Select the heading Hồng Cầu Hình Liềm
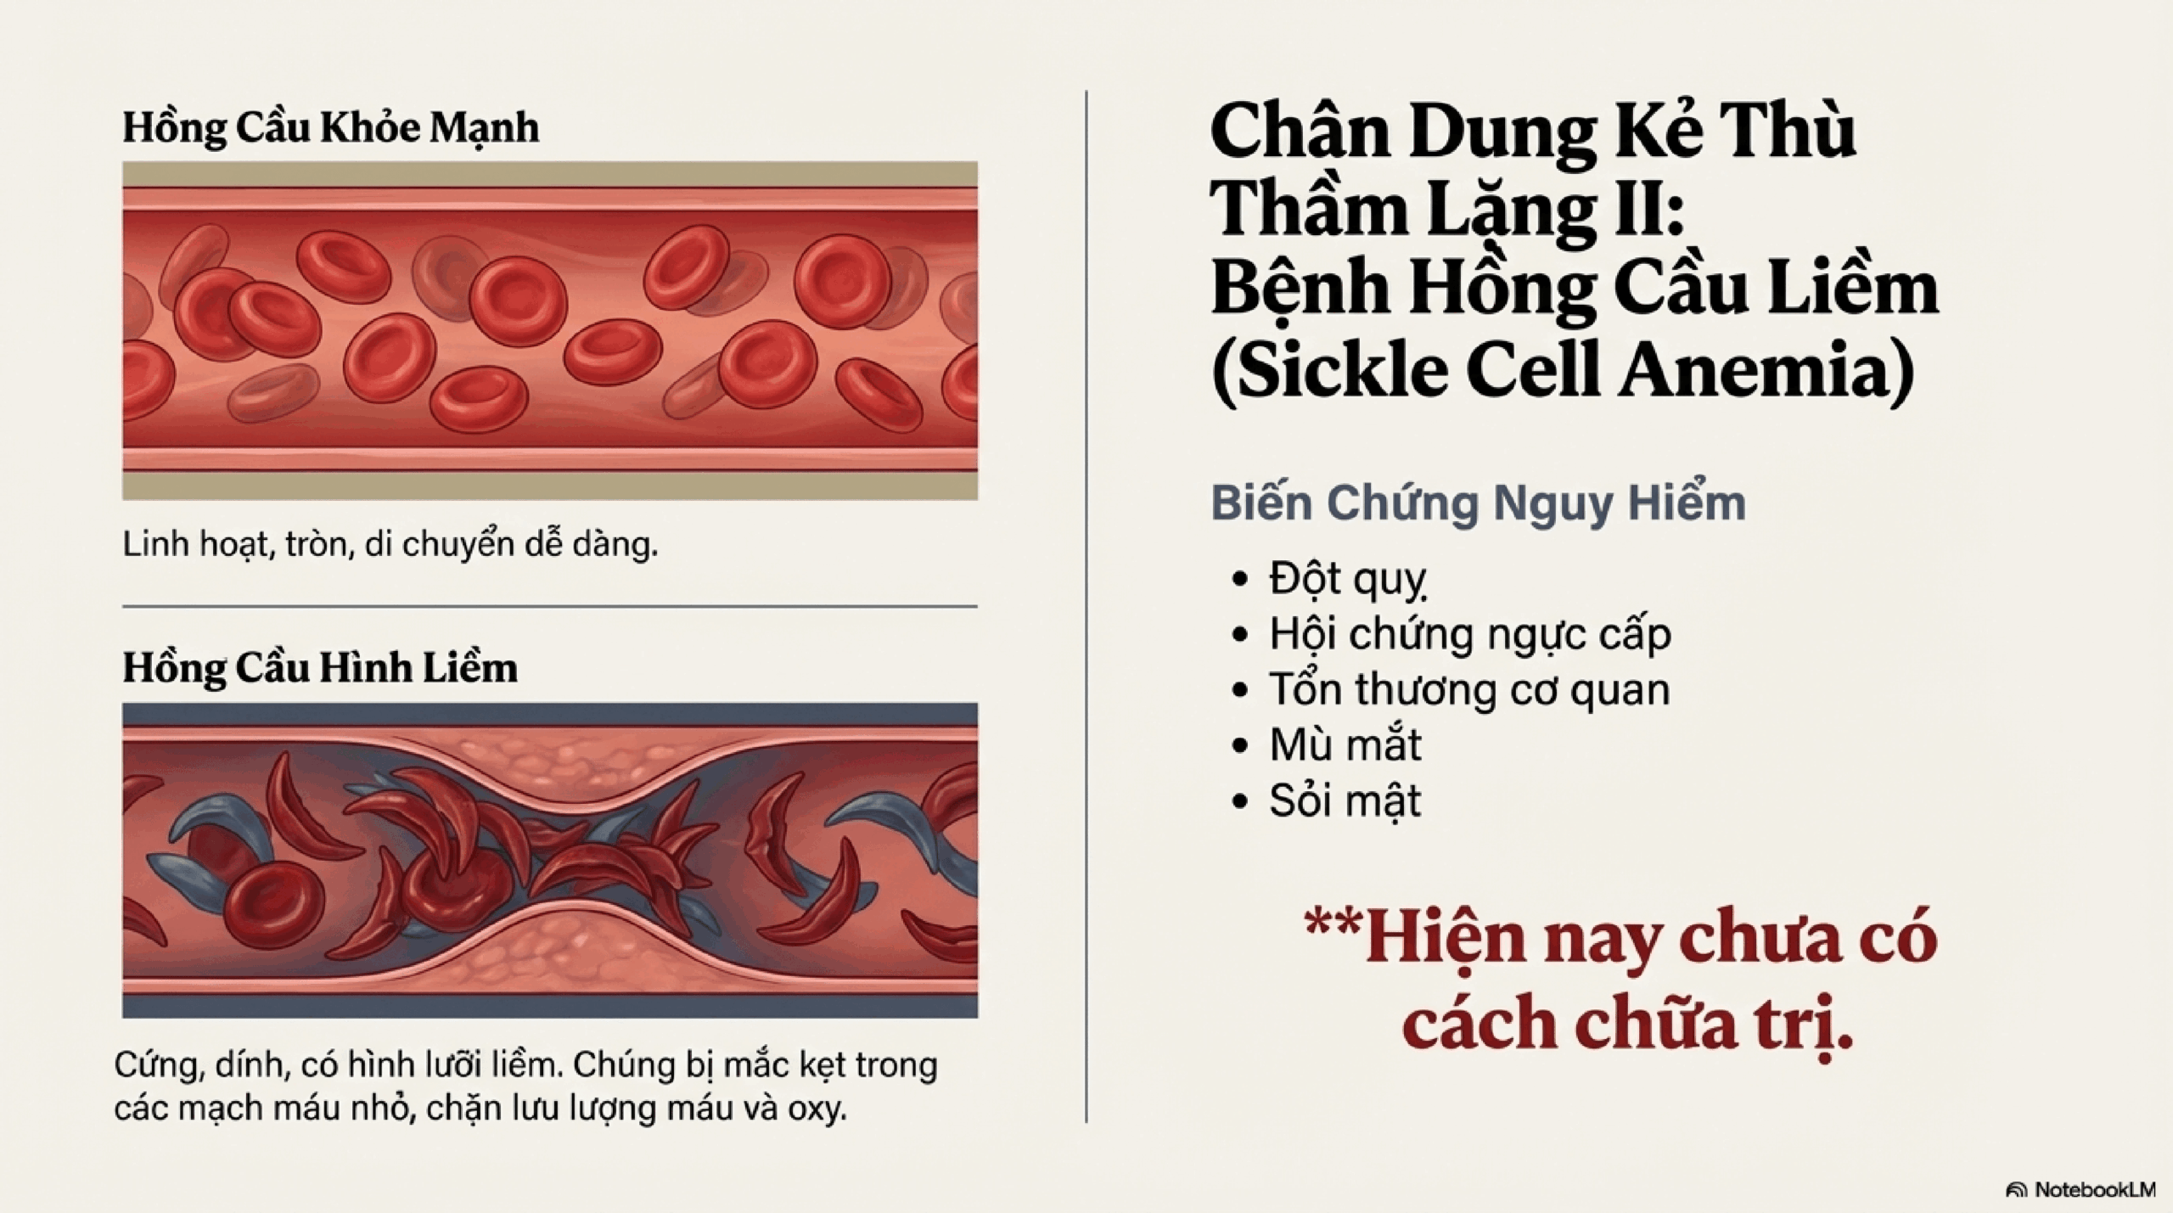click(x=320, y=668)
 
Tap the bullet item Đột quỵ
click(x=1347, y=580)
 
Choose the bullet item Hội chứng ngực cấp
click(x=1470, y=635)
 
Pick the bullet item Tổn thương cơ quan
click(x=1469, y=689)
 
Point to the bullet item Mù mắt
click(x=1345, y=744)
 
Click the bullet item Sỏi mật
click(x=1345, y=800)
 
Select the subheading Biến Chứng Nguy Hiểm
click(x=1478, y=503)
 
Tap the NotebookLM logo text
click(x=2095, y=1190)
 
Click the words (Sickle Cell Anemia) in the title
click(x=1563, y=369)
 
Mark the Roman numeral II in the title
click(x=1649, y=209)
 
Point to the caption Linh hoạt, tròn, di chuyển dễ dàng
click(x=390, y=544)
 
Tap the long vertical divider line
click(x=1086, y=606)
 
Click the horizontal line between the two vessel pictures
click(x=550, y=607)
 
